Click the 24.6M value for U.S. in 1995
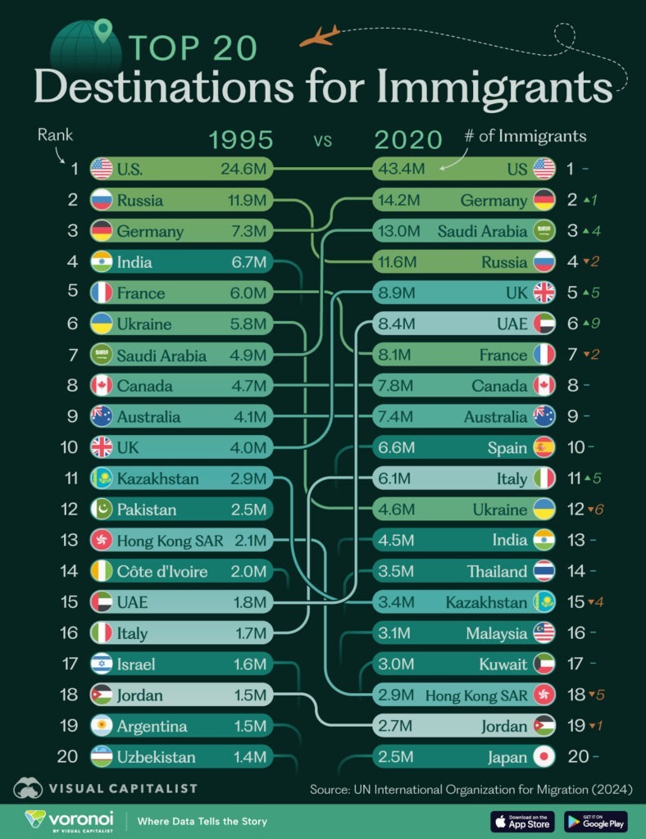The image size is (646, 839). (x=243, y=170)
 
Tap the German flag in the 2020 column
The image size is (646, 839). (x=544, y=201)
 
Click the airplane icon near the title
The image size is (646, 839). (x=320, y=36)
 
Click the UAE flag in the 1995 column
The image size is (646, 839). (x=102, y=602)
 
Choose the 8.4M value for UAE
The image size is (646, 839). (x=401, y=324)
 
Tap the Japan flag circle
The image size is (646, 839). (x=544, y=757)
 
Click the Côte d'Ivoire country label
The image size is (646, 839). (x=161, y=572)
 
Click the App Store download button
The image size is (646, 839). (x=523, y=820)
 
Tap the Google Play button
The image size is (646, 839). (x=596, y=820)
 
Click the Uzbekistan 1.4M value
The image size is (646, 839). (x=248, y=757)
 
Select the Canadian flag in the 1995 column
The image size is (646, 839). (x=102, y=386)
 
